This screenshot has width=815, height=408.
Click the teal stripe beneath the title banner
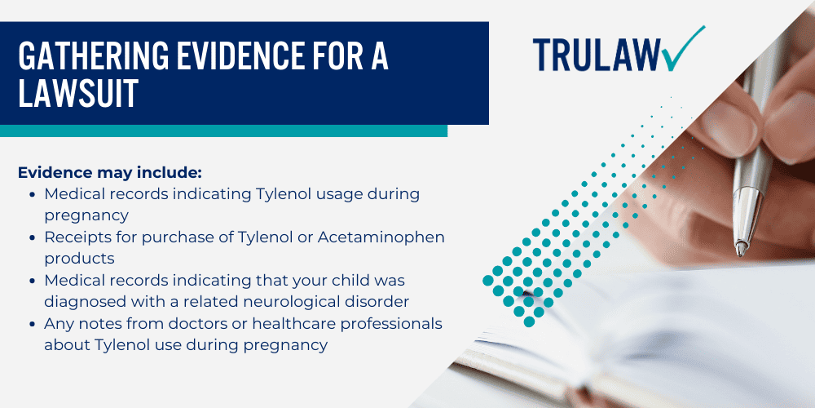(223, 131)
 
